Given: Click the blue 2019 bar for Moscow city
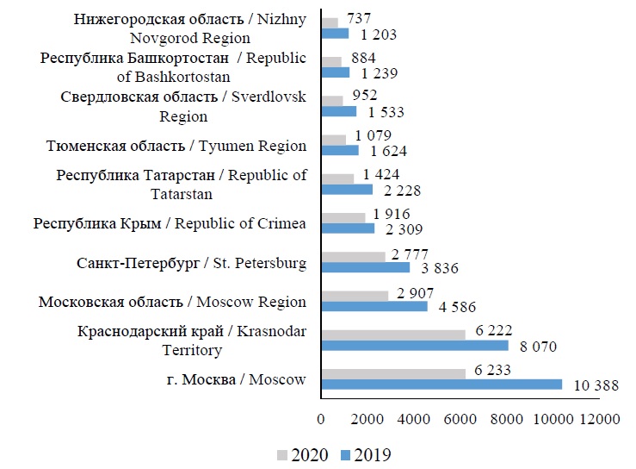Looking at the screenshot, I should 441,385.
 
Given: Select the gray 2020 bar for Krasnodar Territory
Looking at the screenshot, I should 392,335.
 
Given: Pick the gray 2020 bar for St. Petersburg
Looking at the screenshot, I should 353,256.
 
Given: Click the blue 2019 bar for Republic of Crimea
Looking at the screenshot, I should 348,228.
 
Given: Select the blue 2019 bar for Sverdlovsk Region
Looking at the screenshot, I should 338,111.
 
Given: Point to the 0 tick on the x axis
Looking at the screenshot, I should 321,419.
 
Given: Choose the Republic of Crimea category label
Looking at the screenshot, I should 170,223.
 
